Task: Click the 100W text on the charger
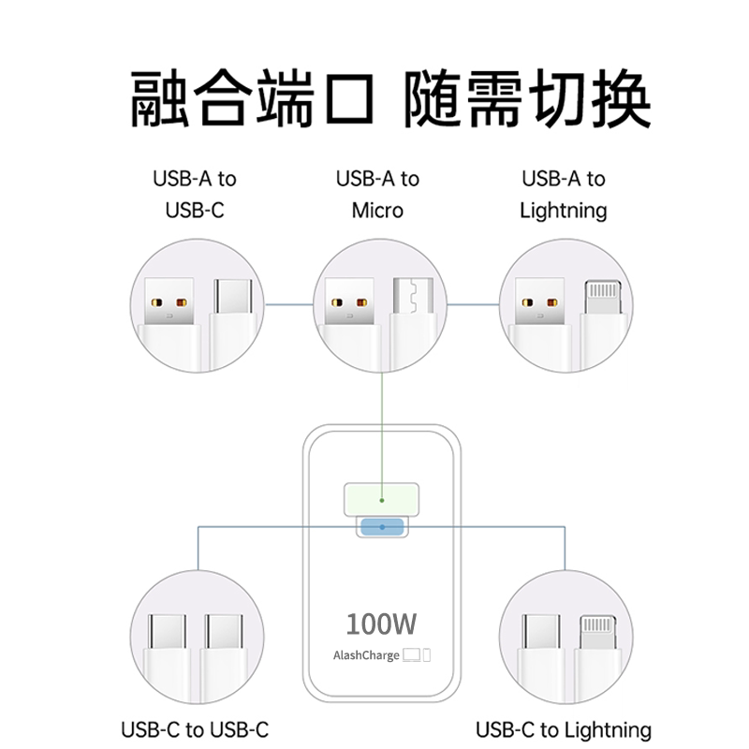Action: (381, 623)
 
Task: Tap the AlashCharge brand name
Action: (366, 655)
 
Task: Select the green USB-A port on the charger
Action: (381, 498)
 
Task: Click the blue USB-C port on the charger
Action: (381, 528)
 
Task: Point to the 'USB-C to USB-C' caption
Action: (195, 729)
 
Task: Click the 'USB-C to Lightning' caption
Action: (564, 729)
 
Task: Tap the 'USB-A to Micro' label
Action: (377, 194)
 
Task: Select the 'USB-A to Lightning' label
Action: (564, 194)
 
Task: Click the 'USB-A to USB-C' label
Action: (195, 194)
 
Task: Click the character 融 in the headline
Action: (158, 98)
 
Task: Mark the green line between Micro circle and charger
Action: (381, 421)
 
